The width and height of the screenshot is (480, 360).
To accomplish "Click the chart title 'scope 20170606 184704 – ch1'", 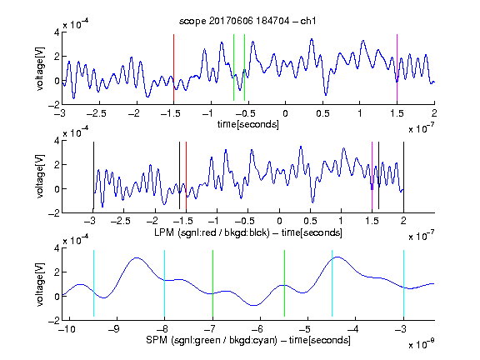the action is coord(247,21).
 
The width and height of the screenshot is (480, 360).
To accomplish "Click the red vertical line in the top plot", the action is coord(173,67).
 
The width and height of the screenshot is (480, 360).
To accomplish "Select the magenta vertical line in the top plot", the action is coord(397,67).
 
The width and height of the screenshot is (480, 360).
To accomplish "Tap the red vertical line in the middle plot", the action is coord(186,175).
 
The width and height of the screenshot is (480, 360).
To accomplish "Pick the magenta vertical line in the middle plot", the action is coord(372,175).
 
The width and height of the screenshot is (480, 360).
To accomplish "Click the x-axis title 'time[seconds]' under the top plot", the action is coord(248,124).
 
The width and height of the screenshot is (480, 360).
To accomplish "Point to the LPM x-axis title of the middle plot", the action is coord(248,232).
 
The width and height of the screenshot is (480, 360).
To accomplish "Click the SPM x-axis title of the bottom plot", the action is coord(248,340).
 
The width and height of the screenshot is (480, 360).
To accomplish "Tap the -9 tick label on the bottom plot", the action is coord(113,329).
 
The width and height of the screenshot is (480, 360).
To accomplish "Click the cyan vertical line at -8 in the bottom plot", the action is coord(164,283).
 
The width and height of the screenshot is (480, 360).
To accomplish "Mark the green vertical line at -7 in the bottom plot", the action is coord(212,283).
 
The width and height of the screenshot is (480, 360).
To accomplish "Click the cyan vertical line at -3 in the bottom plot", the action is coord(403,283).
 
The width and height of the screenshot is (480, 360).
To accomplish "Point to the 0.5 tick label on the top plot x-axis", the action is coord(322,113).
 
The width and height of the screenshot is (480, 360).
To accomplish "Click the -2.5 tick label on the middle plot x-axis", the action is coord(121,221).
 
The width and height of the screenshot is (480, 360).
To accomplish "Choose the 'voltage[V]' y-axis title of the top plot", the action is coord(40,68).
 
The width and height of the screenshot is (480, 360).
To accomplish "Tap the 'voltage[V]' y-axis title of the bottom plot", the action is coord(40,284).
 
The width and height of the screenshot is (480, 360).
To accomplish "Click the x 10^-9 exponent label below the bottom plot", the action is coord(421,344).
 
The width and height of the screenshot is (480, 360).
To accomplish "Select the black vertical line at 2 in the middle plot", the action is coord(403,175).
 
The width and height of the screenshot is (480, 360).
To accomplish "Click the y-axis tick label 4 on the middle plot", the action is coord(57,141).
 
